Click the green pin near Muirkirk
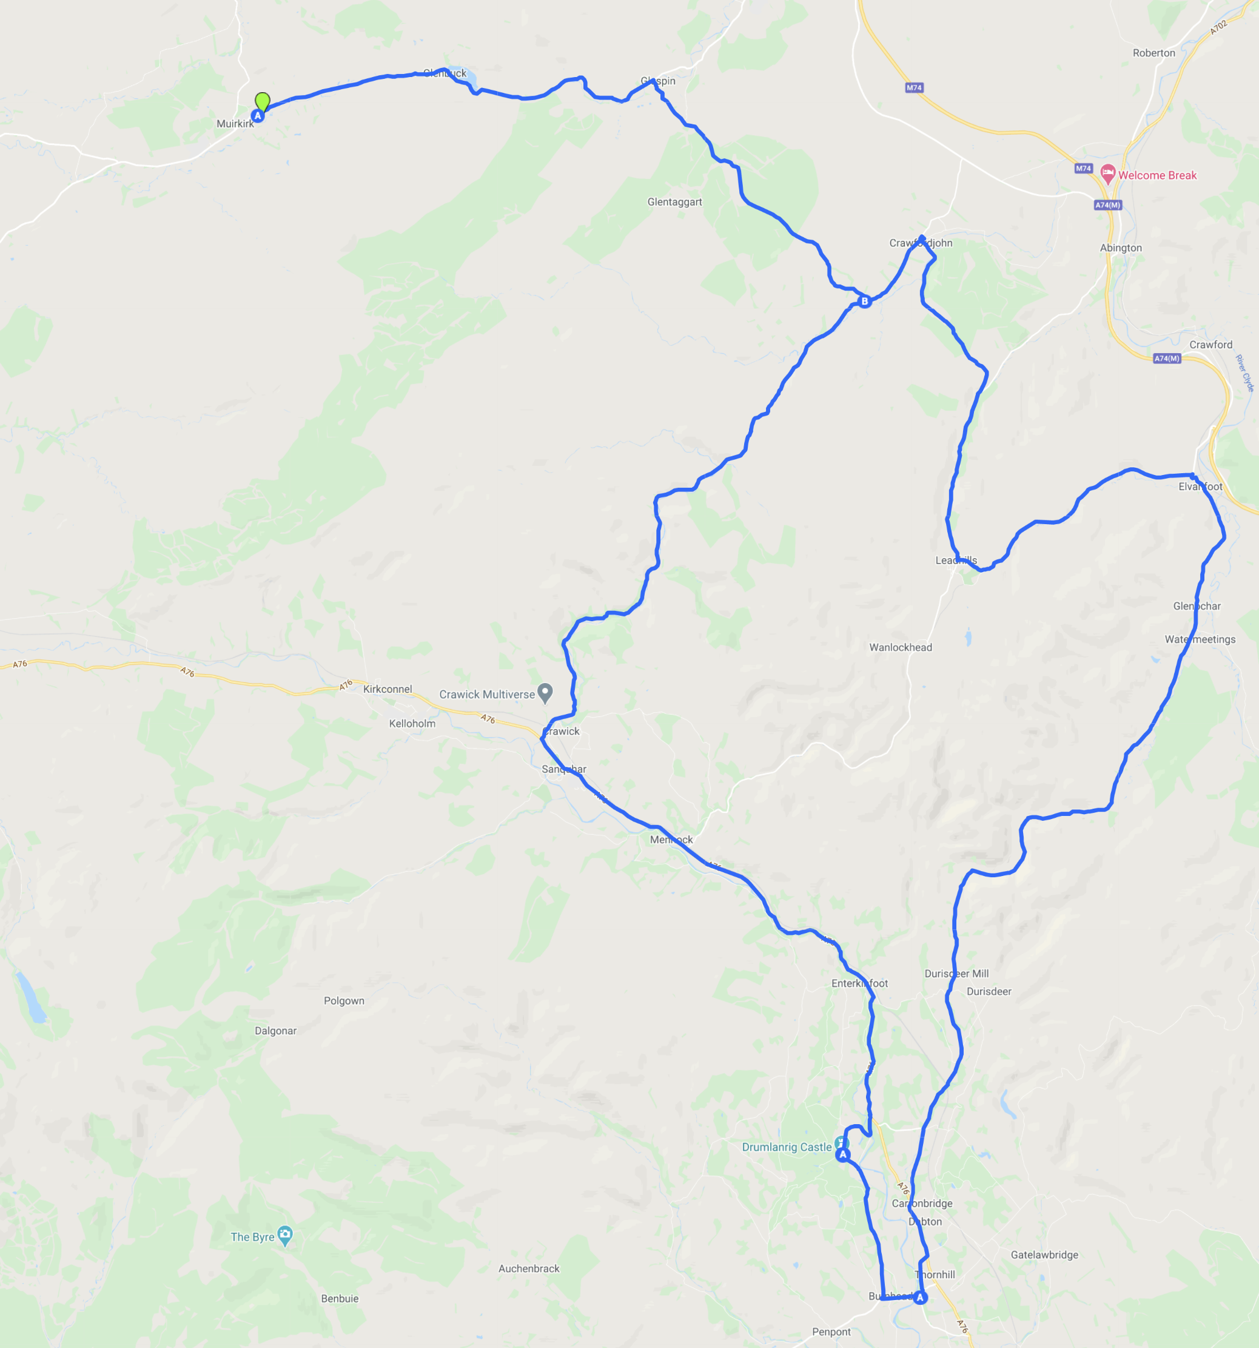point(263,101)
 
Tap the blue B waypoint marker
point(864,301)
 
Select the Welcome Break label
point(1157,175)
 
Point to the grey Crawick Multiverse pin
point(545,692)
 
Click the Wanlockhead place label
point(901,647)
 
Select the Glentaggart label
point(674,202)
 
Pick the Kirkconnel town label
point(387,689)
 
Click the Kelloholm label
point(412,724)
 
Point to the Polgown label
point(344,1001)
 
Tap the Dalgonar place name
point(275,1031)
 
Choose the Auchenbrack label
point(529,1269)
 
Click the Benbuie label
point(340,1298)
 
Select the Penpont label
point(831,1332)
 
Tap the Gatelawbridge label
point(1044,1255)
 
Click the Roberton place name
point(1154,53)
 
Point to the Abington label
point(1121,248)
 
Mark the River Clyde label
point(1245,373)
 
